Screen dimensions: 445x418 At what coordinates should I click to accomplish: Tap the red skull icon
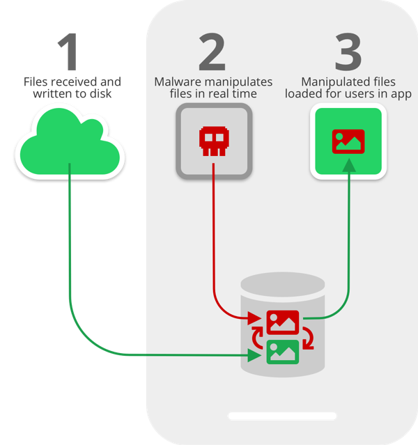point(212,141)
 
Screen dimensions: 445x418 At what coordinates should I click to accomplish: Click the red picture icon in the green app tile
point(348,141)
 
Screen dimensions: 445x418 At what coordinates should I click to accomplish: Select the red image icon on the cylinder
point(283,322)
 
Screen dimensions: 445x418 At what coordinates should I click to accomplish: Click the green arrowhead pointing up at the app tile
point(348,164)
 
